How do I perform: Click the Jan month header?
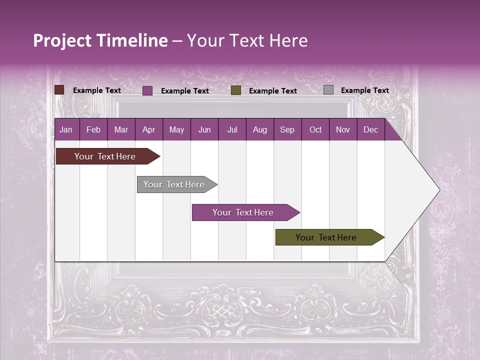coord(66,129)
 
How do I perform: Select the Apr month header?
coord(148,129)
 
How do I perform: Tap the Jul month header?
coord(232,129)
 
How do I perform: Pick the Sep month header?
coord(287,129)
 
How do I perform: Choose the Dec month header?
coord(370,129)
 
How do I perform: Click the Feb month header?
coord(93,129)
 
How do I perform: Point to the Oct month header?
coord(315,129)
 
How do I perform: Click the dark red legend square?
coord(59,90)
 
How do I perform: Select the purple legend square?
coord(147,90)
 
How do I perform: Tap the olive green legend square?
coord(236,90)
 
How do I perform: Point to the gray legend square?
coord(328,90)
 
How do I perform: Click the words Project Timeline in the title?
coord(100,40)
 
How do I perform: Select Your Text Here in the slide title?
coord(247,40)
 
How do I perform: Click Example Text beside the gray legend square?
coord(364,90)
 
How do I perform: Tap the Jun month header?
coord(204,129)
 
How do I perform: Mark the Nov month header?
coord(343,129)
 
